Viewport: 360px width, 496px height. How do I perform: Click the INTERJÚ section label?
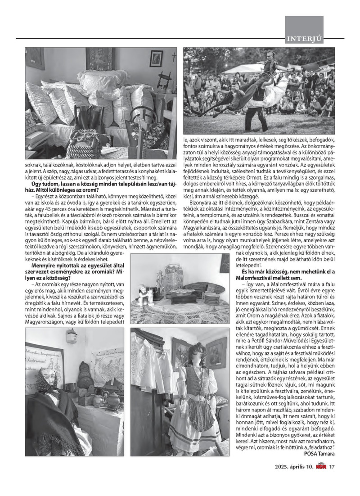coord(305,39)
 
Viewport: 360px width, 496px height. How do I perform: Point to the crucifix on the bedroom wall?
coord(174,57)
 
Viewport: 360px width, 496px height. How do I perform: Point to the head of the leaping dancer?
coord(270,57)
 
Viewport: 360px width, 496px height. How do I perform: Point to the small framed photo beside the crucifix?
coord(156,58)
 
